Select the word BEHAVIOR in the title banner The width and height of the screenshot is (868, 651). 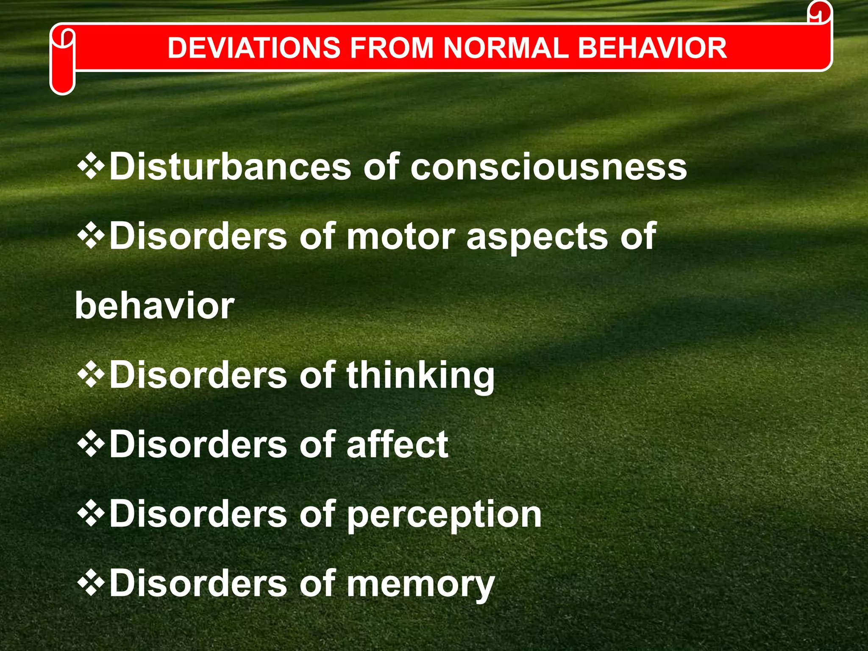pyautogui.click(x=652, y=48)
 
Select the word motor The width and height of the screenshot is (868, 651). pyautogui.click(x=401, y=236)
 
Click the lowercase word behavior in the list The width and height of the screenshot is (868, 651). pyautogui.click(x=154, y=306)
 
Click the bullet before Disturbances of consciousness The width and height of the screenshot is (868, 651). pyautogui.click(x=91, y=167)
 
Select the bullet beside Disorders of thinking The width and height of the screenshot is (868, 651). pyautogui.click(x=91, y=375)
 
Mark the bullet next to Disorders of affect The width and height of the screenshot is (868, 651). pyautogui.click(x=91, y=445)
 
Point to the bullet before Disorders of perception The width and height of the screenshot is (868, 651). pyautogui.click(x=91, y=514)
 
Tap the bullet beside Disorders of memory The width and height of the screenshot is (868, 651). pyautogui.click(x=91, y=584)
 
